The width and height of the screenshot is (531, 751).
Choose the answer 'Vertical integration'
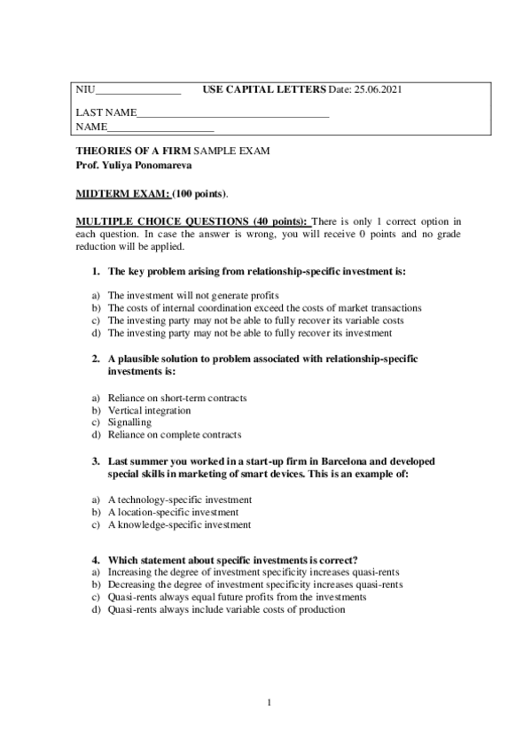click(x=149, y=411)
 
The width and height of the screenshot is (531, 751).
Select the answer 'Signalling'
click(x=129, y=422)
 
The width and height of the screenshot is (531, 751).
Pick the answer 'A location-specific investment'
click(x=173, y=512)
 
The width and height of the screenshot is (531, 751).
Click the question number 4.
click(x=95, y=561)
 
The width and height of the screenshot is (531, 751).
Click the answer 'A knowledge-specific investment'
click(x=179, y=524)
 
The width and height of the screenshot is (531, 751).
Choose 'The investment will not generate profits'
click(x=193, y=296)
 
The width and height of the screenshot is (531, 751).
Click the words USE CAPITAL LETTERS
click(x=264, y=90)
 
